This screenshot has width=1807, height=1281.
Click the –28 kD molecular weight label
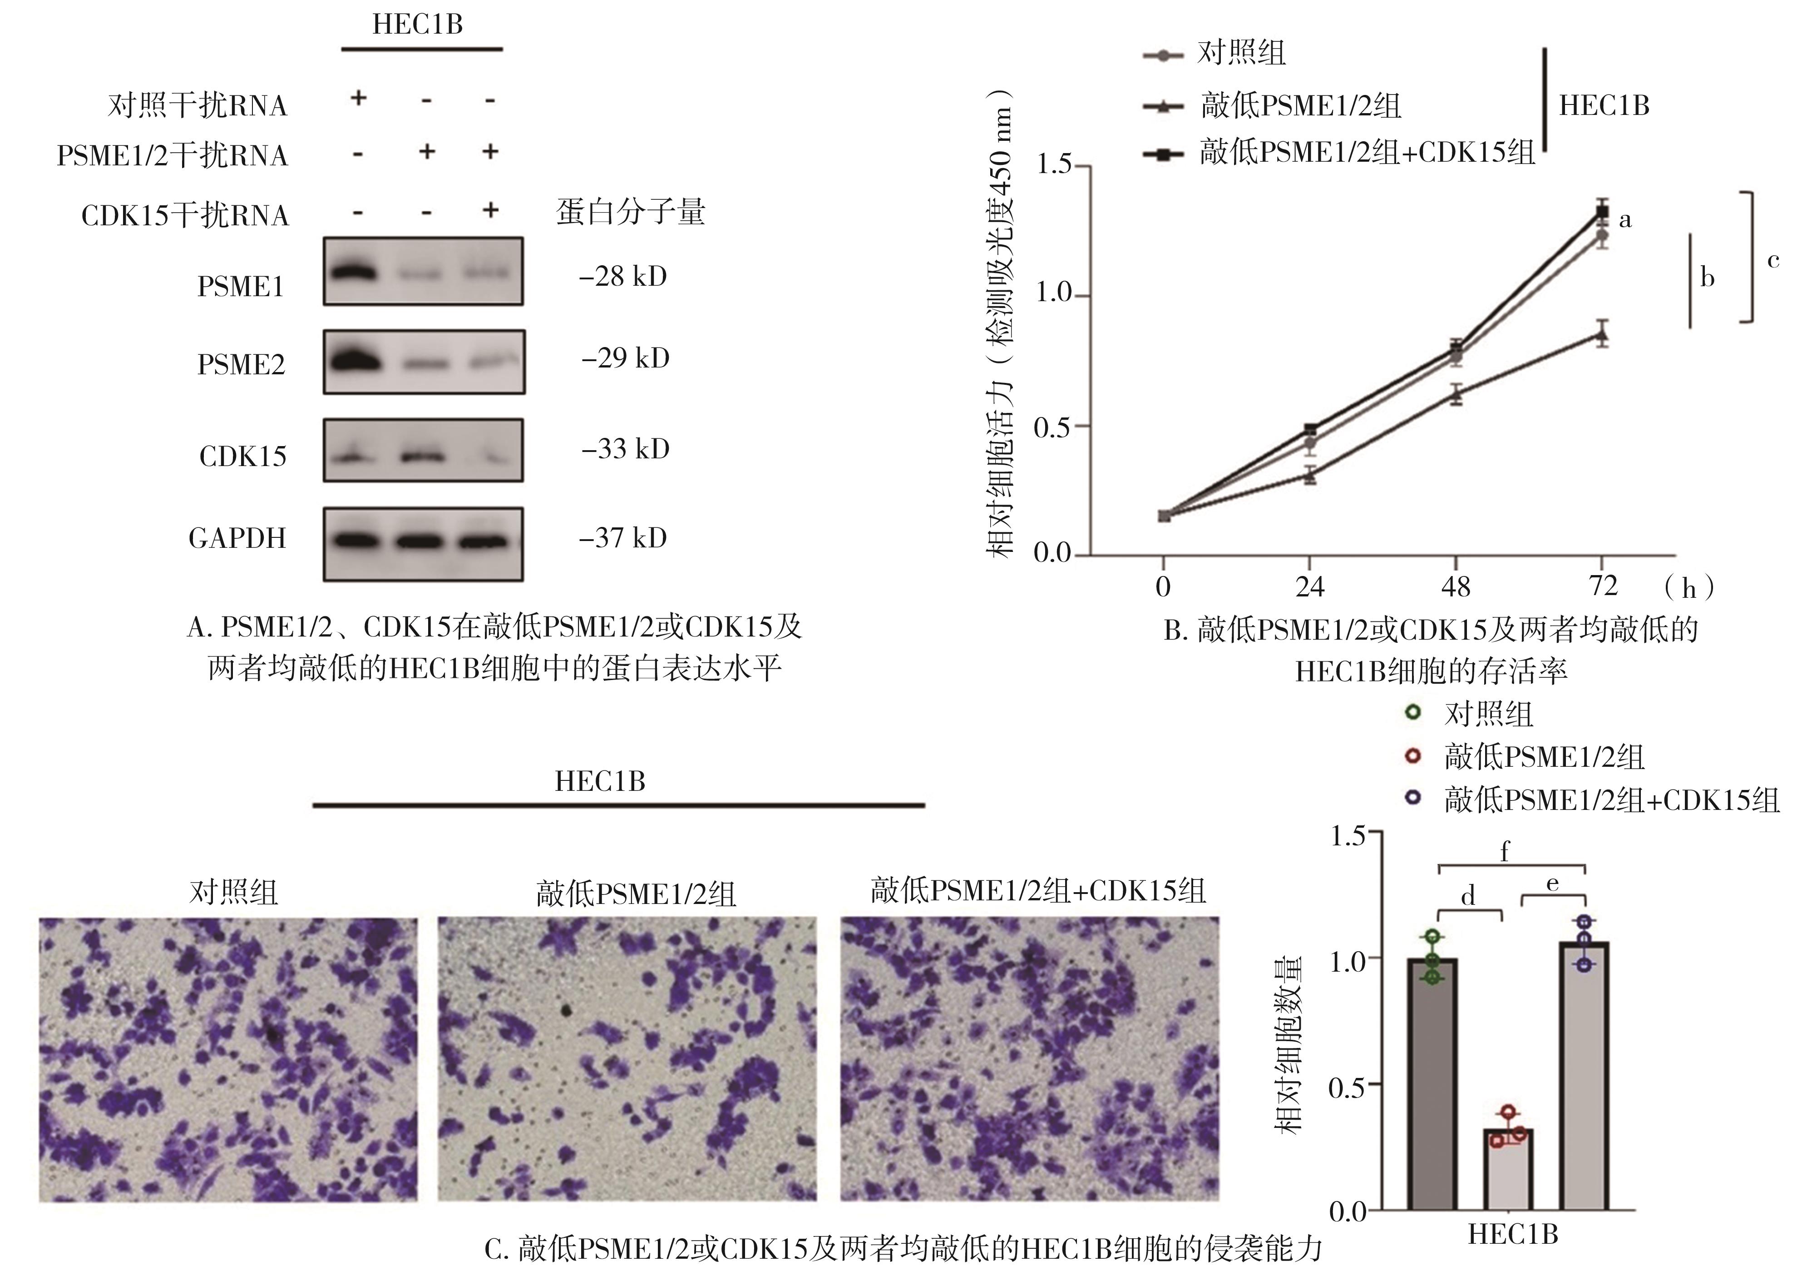click(x=623, y=276)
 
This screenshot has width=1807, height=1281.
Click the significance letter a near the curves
click(x=1625, y=220)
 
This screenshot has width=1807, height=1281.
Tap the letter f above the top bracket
click(x=1504, y=851)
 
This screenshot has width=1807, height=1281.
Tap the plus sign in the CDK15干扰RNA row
click(x=490, y=210)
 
